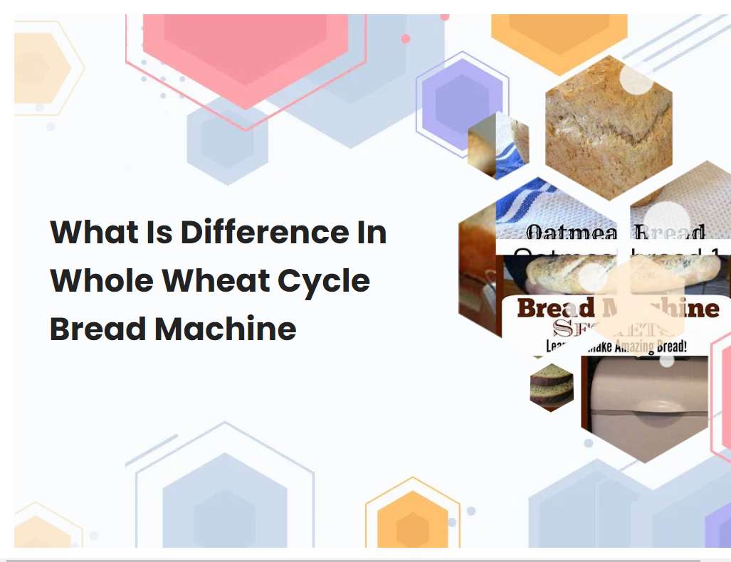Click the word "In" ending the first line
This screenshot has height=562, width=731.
click(x=370, y=233)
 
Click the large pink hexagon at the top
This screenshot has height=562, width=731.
click(x=246, y=50)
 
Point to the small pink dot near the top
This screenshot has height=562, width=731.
click(x=406, y=39)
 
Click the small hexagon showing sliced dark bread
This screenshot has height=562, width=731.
click(x=552, y=386)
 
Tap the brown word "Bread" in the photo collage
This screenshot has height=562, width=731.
click(x=555, y=308)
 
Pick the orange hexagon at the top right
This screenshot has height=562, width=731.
click(x=559, y=36)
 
